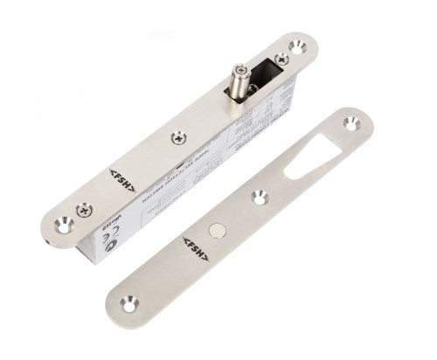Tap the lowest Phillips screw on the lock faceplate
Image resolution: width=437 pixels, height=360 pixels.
pos(82,210)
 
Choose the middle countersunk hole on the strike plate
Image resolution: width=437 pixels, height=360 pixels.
pos(260,197)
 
